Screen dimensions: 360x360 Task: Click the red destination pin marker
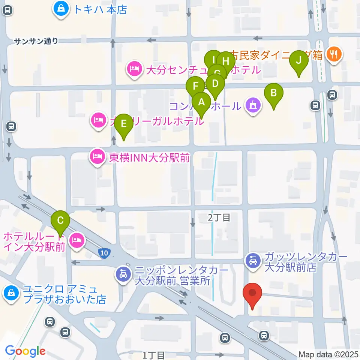point(253,295)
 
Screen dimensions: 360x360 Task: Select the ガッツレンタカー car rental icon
point(253,260)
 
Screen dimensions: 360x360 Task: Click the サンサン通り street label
point(36,42)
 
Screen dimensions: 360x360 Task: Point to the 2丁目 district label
point(219,217)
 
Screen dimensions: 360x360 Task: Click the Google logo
point(25,351)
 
